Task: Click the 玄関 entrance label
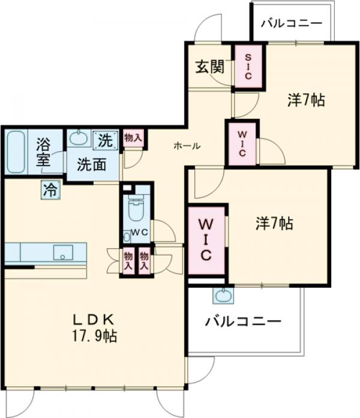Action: tap(208, 67)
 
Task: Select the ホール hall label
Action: tap(187, 146)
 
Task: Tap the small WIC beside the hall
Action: tap(242, 143)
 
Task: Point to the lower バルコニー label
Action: tap(243, 322)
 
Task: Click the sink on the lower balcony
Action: tap(223, 296)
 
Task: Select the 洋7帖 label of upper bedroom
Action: tap(306, 100)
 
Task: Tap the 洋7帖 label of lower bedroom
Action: tap(275, 224)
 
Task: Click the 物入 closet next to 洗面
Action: tap(133, 138)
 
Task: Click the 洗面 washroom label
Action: tap(91, 163)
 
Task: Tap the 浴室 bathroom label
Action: tap(43, 152)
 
